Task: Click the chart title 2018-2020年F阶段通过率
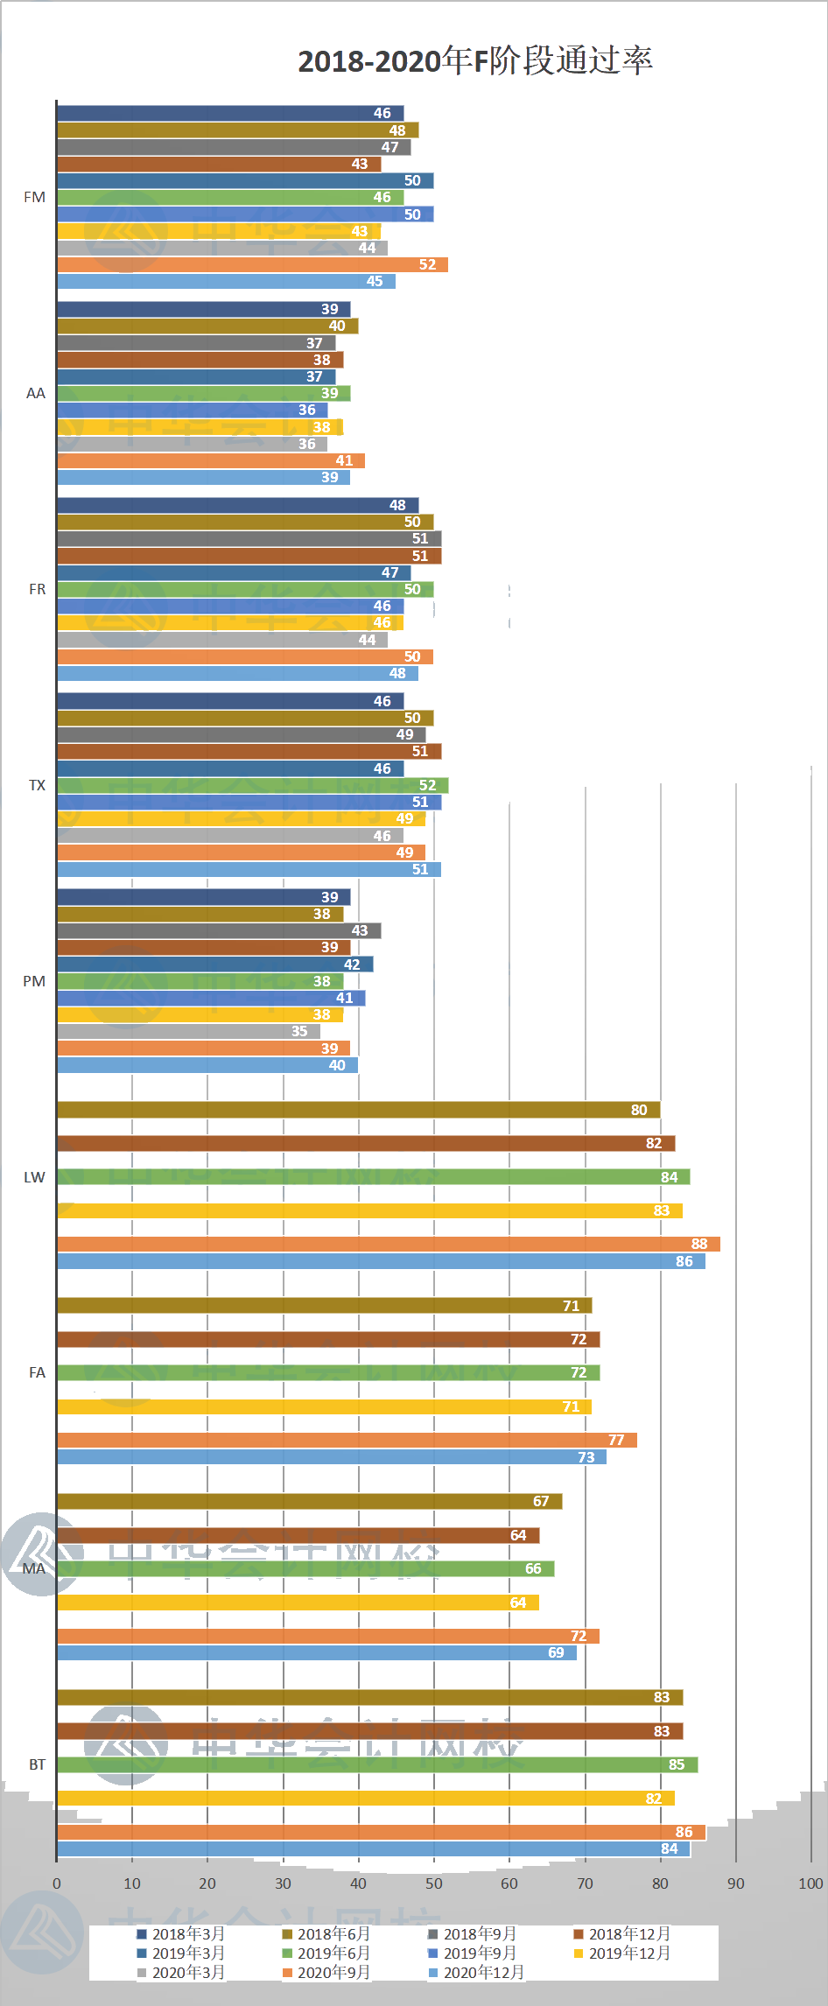pyautogui.click(x=475, y=60)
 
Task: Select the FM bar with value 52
pyautogui.click(x=252, y=264)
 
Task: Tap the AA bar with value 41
pyautogui.click(x=210, y=460)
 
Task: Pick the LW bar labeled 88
pyautogui.click(x=388, y=1244)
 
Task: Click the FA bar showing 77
pyautogui.click(x=347, y=1440)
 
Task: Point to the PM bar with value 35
pyautogui.click(x=188, y=1031)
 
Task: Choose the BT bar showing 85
pyautogui.click(x=377, y=1764)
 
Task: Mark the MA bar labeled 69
pyautogui.click(x=317, y=1652)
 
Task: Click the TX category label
pyautogui.click(x=37, y=785)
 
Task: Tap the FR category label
pyautogui.click(x=37, y=589)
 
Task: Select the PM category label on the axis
pyautogui.click(x=34, y=981)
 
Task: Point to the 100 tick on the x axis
pyautogui.click(x=810, y=1883)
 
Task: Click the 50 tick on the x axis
pyautogui.click(x=433, y=1883)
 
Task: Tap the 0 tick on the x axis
pyautogui.click(x=57, y=1883)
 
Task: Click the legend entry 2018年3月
pyautogui.click(x=188, y=1934)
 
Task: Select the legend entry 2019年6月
pyautogui.click(x=333, y=1953)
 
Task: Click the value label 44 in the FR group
pyautogui.click(x=367, y=640)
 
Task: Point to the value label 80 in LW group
pyautogui.click(x=639, y=1110)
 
